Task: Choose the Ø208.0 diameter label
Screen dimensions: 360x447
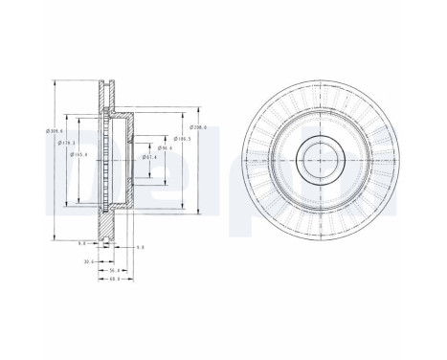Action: click(x=198, y=127)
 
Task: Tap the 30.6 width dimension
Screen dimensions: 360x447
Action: click(x=89, y=260)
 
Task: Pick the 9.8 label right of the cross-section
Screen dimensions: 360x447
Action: click(x=140, y=247)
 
